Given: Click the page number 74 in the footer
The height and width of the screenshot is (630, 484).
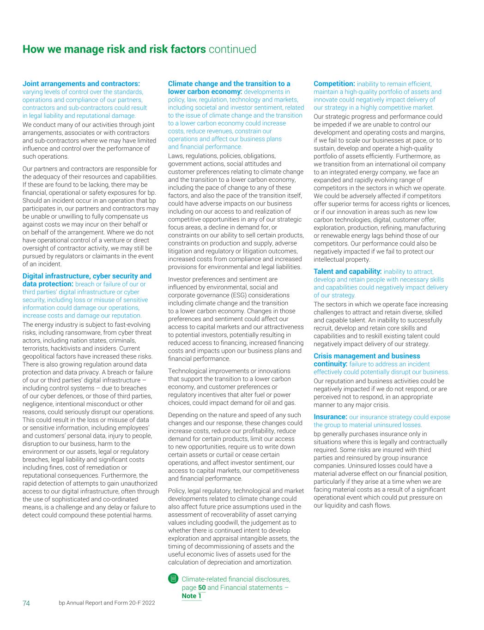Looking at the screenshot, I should pos(26,603).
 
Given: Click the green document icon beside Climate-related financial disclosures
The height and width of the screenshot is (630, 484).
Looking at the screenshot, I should pos(173,579).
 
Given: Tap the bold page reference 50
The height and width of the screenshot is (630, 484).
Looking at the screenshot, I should pos(202,588).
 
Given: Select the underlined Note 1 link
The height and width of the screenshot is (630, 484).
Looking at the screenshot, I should pos(192,596).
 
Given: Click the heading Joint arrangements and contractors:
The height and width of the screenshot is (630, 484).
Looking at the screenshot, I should pos(81,84).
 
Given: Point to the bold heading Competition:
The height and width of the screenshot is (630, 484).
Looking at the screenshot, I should pos(334,84).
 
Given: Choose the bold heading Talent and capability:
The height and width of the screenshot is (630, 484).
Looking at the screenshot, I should pos(347,272).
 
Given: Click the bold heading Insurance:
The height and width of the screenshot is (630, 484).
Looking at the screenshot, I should pos(330,417).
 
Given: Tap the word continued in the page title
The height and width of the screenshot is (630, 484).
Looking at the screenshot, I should pos(232,49).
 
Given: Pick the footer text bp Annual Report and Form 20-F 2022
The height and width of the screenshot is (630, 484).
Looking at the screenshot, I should pos(107,603).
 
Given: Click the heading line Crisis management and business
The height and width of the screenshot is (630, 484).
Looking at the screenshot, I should pos(367,356).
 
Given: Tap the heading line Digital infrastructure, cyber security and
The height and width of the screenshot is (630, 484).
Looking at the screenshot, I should pos(87,276).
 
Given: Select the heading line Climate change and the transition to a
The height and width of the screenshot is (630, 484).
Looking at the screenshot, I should pos(229,84).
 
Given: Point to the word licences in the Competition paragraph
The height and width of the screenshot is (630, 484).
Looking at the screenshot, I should pos(437,204).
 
